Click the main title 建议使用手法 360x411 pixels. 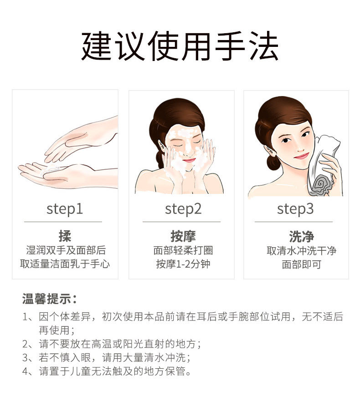click(180, 46)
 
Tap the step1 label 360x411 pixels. click(65, 209)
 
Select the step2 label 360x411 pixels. click(183, 209)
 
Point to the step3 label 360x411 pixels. click(295, 209)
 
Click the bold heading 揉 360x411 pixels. click(65, 236)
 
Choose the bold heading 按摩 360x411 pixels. click(183, 236)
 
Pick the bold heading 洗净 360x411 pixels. click(302, 237)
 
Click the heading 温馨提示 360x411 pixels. click(49, 299)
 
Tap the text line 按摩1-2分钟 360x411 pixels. click(183, 264)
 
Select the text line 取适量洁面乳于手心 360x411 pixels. click(65, 264)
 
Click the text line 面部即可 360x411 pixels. click(302, 264)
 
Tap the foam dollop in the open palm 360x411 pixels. click(51, 170)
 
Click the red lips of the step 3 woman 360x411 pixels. click(302, 156)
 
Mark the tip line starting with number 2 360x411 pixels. click(112, 344)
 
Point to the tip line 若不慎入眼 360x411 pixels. click(107, 358)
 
